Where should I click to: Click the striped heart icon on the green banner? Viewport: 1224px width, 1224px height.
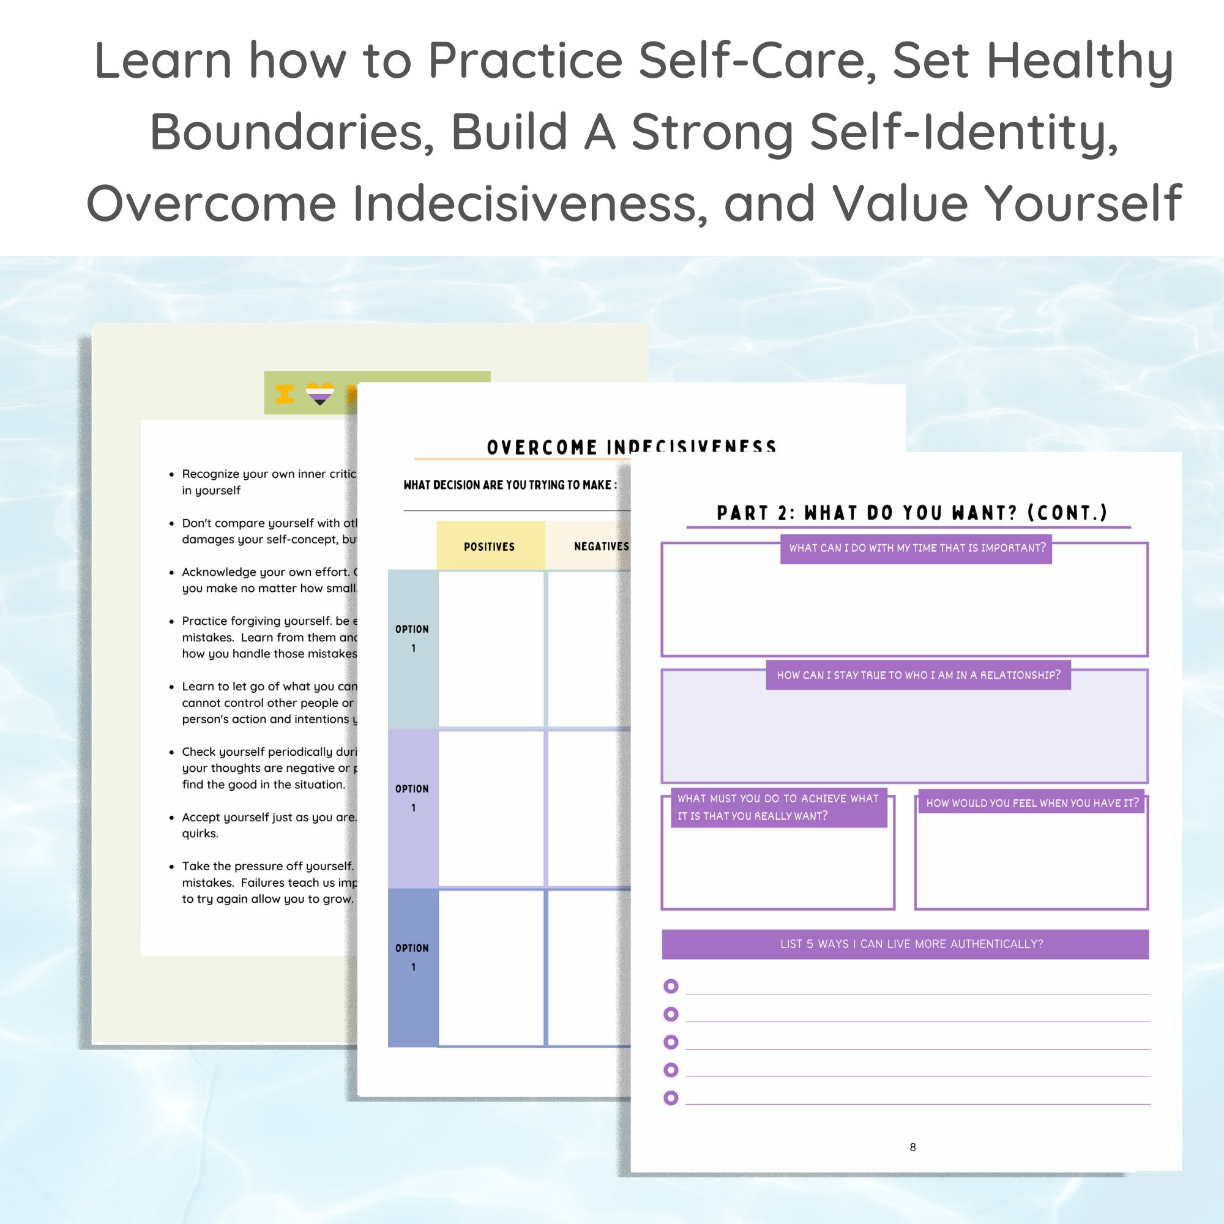pos(320,394)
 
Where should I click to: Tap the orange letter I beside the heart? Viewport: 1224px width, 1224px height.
pos(285,394)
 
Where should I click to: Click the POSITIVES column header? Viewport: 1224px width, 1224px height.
pos(489,547)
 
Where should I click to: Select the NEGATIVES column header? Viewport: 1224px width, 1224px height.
pos(600,547)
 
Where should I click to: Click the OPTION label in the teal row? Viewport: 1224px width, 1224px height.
pos(412,638)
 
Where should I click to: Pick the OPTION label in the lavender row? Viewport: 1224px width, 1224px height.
pos(412,797)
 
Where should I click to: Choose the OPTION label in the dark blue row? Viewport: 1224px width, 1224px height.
pos(412,957)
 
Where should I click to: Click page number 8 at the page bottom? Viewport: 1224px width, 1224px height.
pos(912,1147)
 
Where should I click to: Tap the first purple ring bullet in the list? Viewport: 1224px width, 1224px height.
pos(671,987)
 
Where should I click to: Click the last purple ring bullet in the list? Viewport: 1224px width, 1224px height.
pos(671,1098)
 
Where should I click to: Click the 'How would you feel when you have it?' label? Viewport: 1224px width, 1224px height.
pos(1032,804)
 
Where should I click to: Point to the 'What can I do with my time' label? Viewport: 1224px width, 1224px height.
pos(917,548)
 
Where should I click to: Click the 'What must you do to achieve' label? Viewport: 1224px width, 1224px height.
pos(778,807)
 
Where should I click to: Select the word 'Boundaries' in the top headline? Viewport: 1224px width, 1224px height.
pos(291,132)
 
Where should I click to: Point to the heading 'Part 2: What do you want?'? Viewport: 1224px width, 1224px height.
pos(912,512)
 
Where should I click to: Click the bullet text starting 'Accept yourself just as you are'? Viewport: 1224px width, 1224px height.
pos(269,817)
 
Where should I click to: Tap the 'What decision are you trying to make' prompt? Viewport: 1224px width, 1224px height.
pos(510,485)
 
